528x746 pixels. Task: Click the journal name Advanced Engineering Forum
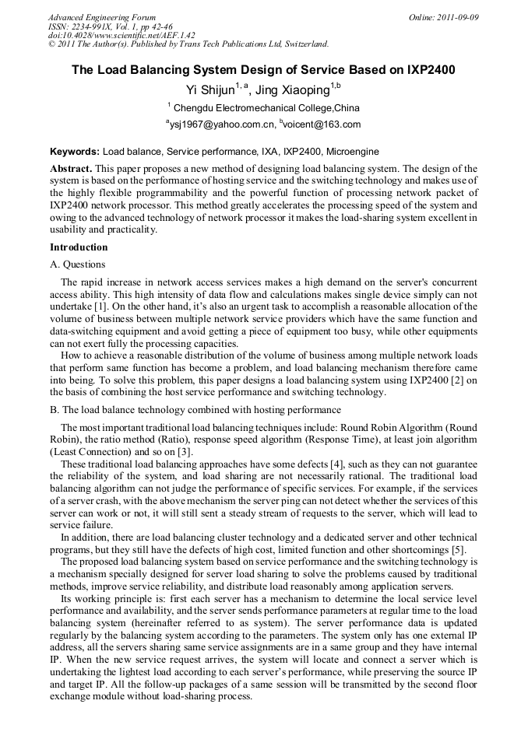tap(101, 17)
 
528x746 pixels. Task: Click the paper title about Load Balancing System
tap(263, 70)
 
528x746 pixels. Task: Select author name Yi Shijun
tap(213, 89)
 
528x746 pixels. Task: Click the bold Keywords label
tap(75, 151)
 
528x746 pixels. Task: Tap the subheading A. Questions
tap(77, 264)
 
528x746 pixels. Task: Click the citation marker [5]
tap(459, 551)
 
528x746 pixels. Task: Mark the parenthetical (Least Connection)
tap(83, 451)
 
